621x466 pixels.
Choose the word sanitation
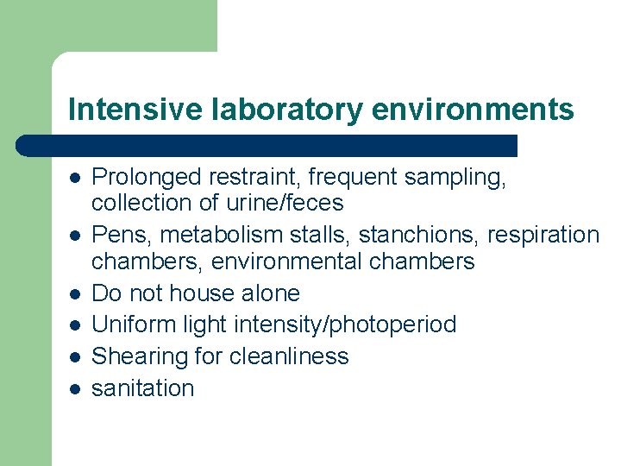point(142,388)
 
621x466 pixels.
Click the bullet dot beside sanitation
point(75,389)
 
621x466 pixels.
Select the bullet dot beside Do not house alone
point(75,293)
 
